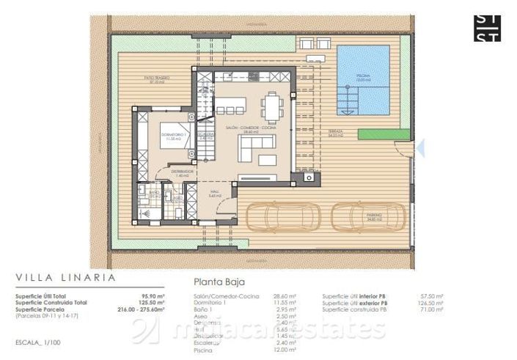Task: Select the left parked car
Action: click(x=280, y=217)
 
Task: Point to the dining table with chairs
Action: click(x=272, y=108)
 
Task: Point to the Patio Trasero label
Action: click(x=153, y=78)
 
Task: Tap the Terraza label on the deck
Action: click(x=337, y=133)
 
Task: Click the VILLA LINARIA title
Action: click(x=65, y=278)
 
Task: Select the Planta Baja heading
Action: click(x=219, y=281)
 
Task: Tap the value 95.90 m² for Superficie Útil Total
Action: click(x=152, y=295)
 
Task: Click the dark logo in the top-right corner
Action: click(x=488, y=27)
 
